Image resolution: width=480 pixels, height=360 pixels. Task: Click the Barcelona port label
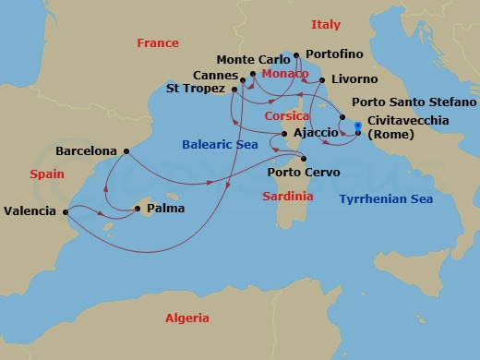pyautogui.click(x=87, y=150)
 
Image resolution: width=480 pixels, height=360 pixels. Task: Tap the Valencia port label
pyautogui.click(x=30, y=210)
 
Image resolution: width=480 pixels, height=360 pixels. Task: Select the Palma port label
pyautogui.click(x=167, y=208)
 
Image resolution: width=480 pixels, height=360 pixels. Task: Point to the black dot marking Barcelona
pyautogui.click(x=126, y=150)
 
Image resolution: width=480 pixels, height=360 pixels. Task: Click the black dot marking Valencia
pyautogui.click(x=66, y=210)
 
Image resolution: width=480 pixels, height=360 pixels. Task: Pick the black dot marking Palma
pyautogui.click(x=138, y=208)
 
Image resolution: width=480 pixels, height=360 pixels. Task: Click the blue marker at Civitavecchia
pyautogui.click(x=358, y=125)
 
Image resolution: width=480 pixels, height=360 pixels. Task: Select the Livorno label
pyautogui.click(x=352, y=79)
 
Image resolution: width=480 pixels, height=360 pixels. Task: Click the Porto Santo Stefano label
pyautogui.click(x=405, y=104)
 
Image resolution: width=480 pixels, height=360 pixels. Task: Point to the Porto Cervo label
pyautogui.click(x=304, y=173)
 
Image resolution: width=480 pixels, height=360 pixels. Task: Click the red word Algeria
pyautogui.click(x=187, y=318)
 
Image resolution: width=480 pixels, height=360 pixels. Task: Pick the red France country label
pyautogui.click(x=157, y=43)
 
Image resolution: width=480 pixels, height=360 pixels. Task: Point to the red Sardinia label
pyautogui.click(x=288, y=197)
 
